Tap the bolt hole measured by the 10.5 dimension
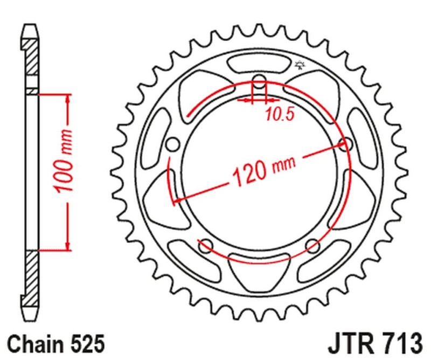tap(260, 84)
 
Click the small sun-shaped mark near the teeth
tap(300, 66)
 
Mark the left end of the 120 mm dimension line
tap(174, 203)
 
